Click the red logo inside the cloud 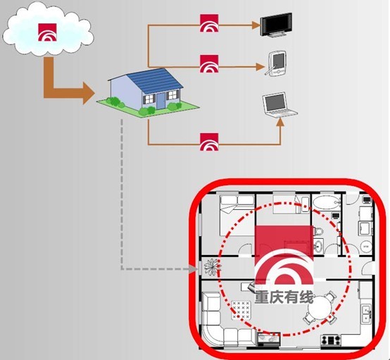tap(47, 32)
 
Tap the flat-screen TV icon tap(276, 25)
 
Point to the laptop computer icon tap(279, 104)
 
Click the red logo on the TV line tap(209, 23)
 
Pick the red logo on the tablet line tap(209, 63)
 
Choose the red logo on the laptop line tap(209, 142)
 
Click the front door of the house tap(161, 101)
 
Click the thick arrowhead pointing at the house tap(88, 94)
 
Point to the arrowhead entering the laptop tap(280, 123)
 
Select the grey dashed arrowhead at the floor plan tap(194, 269)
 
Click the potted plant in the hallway tap(212, 267)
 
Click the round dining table tap(319, 308)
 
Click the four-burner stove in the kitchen tap(331, 340)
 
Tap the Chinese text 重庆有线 tap(284, 297)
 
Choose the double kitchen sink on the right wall tap(366, 314)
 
